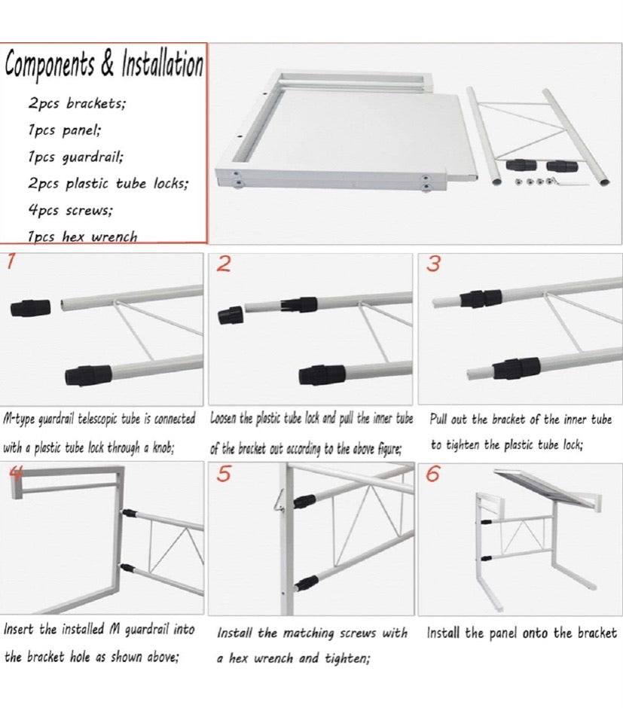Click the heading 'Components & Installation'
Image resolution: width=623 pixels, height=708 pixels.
[x=104, y=65]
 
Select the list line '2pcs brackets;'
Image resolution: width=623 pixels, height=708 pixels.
[x=77, y=103]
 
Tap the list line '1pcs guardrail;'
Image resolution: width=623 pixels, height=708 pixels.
[x=76, y=157]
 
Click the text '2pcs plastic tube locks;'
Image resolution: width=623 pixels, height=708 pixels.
[x=108, y=183]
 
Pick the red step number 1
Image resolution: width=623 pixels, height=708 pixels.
[x=10, y=262]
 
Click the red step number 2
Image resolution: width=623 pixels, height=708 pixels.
[x=223, y=264]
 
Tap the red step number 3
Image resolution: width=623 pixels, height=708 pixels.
[x=433, y=264]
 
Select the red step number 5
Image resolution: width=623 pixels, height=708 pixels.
[x=223, y=475]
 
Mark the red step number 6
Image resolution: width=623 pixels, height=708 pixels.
[x=433, y=475]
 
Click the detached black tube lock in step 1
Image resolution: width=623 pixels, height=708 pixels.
[x=30, y=307]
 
